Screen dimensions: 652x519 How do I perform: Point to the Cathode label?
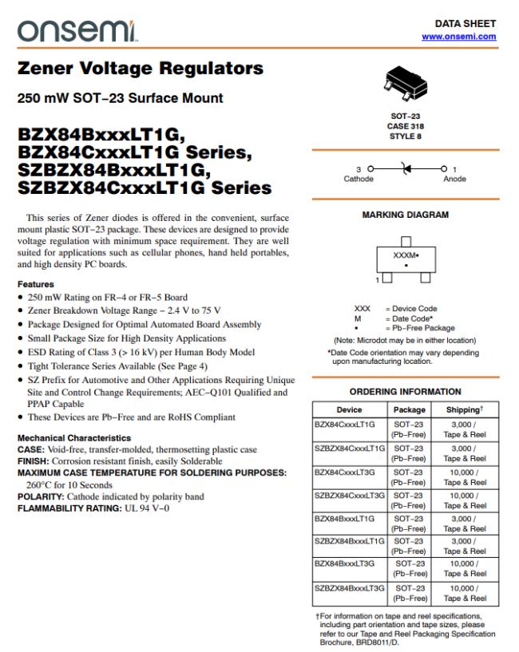(359, 180)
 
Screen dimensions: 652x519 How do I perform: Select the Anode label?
(454, 180)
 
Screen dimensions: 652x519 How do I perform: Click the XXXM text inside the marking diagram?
(406, 256)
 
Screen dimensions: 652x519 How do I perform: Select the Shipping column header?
(464, 409)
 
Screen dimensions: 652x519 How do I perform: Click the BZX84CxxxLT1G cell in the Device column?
(345, 425)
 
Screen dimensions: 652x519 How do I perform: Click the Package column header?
(410, 409)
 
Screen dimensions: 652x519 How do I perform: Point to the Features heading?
(35, 284)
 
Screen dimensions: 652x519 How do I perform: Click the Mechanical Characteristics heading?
(74, 438)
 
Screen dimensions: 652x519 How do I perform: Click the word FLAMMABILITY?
(53, 508)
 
